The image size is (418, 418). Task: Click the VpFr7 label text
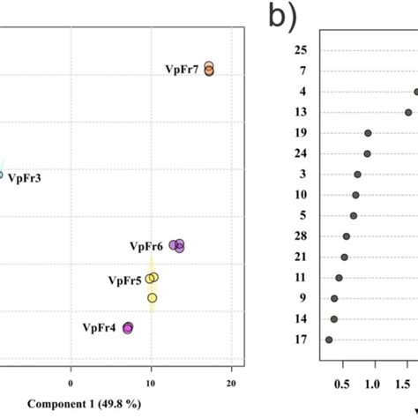183,69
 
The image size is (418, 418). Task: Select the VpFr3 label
24,177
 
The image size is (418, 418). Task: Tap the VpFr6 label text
147,246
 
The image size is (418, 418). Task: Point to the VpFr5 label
125,280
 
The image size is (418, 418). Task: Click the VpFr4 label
99,328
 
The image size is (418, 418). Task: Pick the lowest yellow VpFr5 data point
153,298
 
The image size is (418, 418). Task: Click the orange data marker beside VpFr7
209,69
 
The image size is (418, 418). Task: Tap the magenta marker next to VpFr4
128,328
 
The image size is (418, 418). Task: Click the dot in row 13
408,112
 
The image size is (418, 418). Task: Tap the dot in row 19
368,133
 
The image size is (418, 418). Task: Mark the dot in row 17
329,340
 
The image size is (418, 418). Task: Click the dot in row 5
354,215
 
